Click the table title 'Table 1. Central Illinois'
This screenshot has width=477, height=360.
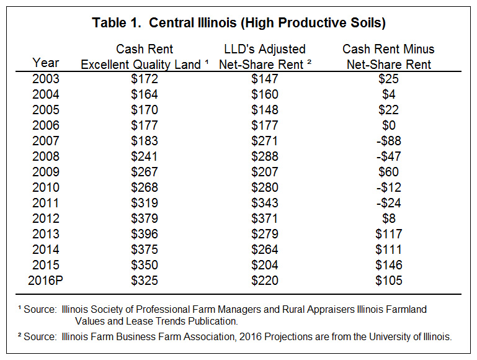tap(164, 22)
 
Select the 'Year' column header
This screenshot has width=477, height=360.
tap(46, 63)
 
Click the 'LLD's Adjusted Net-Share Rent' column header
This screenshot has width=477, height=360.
tap(265, 56)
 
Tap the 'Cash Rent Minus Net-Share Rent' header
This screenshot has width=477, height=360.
tap(388, 56)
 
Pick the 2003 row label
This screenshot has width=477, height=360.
tap(46, 79)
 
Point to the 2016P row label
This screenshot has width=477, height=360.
tap(46, 281)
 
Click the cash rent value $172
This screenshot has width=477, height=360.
tap(145, 79)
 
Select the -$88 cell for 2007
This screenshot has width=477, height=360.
tap(389, 141)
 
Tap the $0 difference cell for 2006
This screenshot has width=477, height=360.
tap(389, 125)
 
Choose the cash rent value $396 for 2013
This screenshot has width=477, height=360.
tap(145, 234)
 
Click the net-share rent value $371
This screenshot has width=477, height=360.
tap(265, 218)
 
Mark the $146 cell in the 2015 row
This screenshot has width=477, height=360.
tap(389, 265)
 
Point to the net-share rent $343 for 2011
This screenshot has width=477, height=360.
tap(265, 203)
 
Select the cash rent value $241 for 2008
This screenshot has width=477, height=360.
tap(145, 156)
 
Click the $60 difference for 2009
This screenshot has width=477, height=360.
tap(389, 172)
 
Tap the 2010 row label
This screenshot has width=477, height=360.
tap(46, 187)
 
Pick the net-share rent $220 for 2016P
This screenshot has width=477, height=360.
tap(265, 281)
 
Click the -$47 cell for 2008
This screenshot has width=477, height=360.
tap(389, 156)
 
